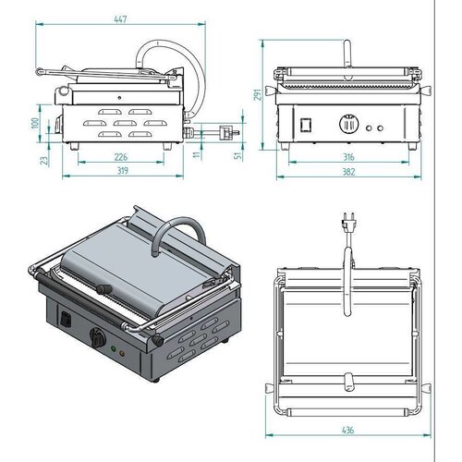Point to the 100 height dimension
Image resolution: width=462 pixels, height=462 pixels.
35,122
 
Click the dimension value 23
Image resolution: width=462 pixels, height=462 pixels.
35,159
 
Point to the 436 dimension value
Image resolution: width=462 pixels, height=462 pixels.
346,429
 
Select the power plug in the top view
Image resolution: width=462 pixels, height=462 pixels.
348,225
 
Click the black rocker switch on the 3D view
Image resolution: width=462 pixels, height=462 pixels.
65,322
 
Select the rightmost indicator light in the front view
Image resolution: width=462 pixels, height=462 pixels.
381,126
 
